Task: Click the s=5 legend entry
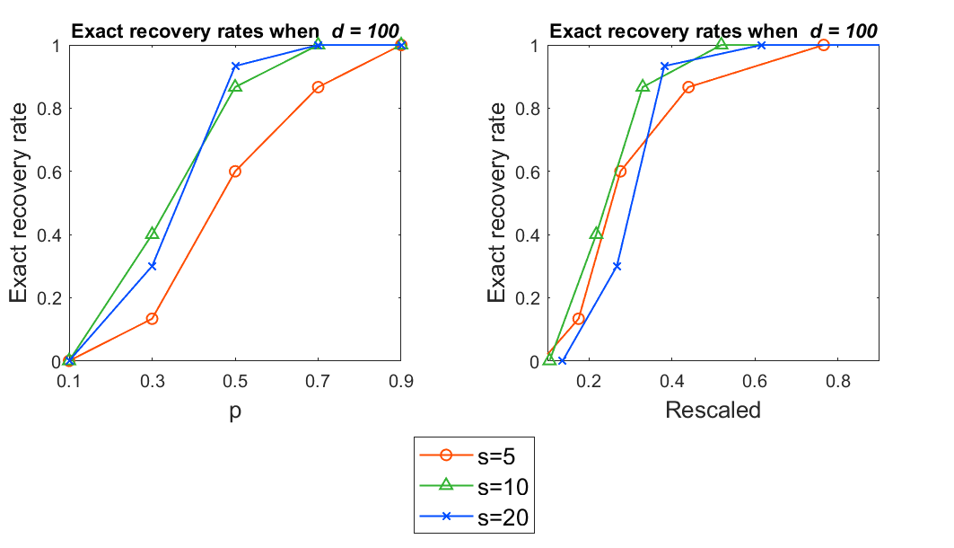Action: tap(476, 456)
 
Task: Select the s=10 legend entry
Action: tap(476, 487)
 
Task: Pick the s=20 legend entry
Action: tap(476, 517)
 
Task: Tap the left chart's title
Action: tap(235, 31)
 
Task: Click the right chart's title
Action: tap(713, 31)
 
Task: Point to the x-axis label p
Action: tap(235, 411)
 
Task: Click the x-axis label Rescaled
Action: tap(713, 411)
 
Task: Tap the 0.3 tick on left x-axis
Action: tap(153, 381)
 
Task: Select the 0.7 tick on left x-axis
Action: tap(319, 381)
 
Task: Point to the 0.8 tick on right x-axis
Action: tap(837, 381)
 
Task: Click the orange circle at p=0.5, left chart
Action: tap(235, 172)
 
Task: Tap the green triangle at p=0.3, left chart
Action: tap(153, 234)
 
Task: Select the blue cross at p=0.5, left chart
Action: tap(236, 66)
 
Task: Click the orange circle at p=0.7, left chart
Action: tap(319, 87)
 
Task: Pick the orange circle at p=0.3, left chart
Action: tap(153, 319)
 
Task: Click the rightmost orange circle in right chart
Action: tap(823, 45)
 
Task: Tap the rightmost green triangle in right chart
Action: tap(722, 45)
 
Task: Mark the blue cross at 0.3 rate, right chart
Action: tap(617, 266)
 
